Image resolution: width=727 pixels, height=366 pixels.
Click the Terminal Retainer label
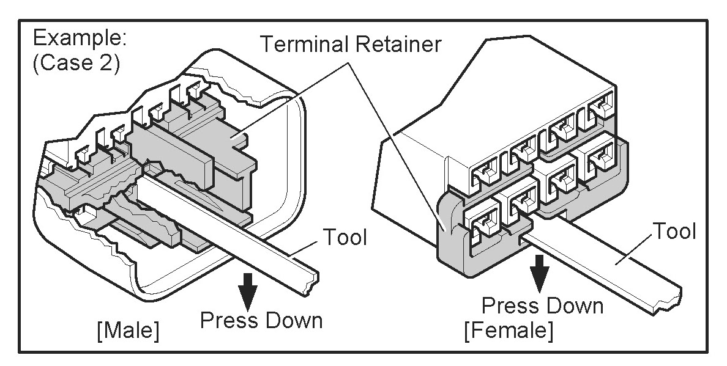coord(351,45)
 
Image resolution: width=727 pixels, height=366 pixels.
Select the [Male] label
coord(128,331)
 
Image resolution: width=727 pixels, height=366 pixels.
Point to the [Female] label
coord(509,331)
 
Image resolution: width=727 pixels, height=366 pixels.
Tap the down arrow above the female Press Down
coord(538,273)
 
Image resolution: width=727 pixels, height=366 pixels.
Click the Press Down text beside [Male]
coord(261,320)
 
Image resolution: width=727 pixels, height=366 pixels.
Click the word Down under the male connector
coord(293,320)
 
